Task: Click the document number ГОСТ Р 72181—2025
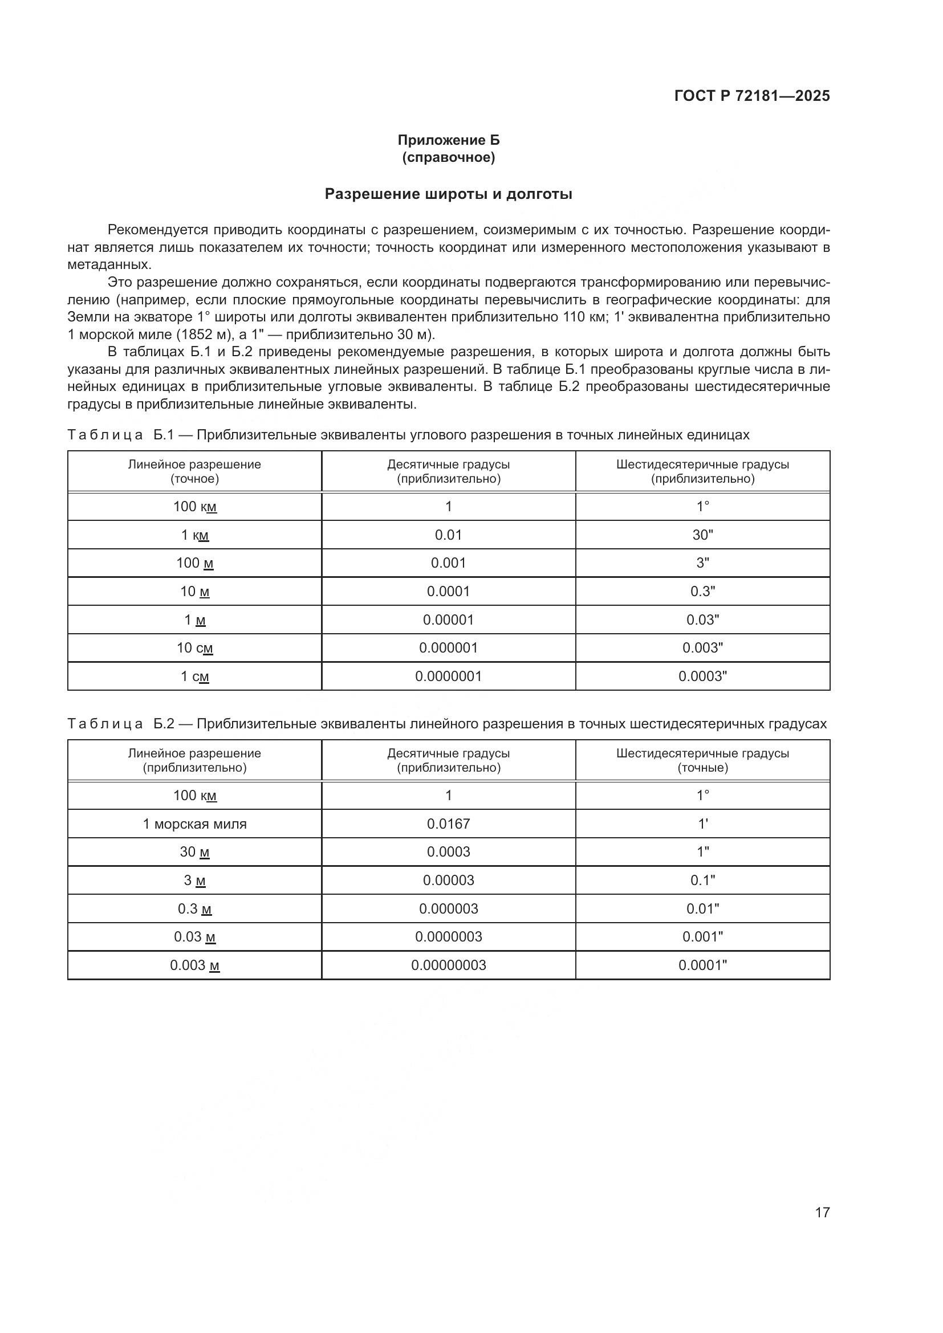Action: pyautogui.click(x=752, y=96)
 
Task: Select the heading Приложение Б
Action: pyautogui.click(x=448, y=140)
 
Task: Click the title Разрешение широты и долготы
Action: pyautogui.click(x=448, y=194)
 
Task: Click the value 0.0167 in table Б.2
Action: pyautogui.click(x=448, y=824)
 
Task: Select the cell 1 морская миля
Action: pyautogui.click(x=194, y=824)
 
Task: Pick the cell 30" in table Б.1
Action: pyautogui.click(x=702, y=535)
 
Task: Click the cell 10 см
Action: pyautogui.click(x=194, y=648)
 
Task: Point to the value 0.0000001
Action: pyautogui.click(x=448, y=676)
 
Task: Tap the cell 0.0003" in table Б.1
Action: pyautogui.click(x=702, y=676)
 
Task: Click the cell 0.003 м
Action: pyautogui.click(x=194, y=965)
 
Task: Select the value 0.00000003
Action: pyautogui.click(x=448, y=965)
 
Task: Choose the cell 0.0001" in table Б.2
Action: pyautogui.click(x=702, y=965)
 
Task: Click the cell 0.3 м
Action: pyautogui.click(x=194, y=909)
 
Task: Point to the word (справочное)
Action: pyautogui.click(x=448, y=157)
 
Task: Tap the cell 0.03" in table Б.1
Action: pyautogui.click(x=702, y=620)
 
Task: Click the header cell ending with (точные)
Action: pyautogui.click(x=702, y=761)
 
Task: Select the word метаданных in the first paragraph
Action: pyautogui.click(x=108, y=265)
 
